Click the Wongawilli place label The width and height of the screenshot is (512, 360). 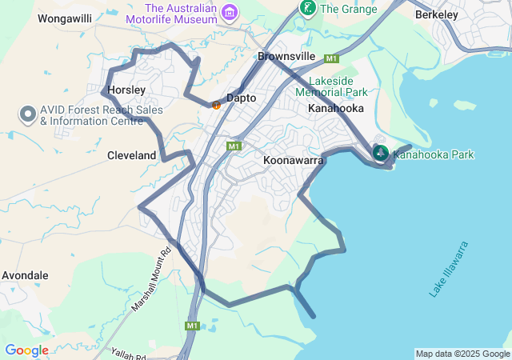point(66,18)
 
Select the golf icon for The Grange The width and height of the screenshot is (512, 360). point(306,8)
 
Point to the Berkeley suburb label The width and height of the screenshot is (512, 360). point(437,14)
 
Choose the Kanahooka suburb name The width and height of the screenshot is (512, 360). point(336,108)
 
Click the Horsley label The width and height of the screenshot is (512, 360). point(126,90)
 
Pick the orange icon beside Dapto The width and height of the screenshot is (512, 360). point(216,105)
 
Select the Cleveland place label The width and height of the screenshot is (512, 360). point(132,156)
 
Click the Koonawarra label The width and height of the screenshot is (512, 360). point(293,161)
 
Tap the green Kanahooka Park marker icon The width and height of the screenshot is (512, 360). point(381,153)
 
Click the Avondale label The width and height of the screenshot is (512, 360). point(25,275)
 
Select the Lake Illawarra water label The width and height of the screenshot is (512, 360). point(449,269)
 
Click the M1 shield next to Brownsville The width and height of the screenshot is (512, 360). point(332,58)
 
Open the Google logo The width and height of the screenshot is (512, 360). point(26,350)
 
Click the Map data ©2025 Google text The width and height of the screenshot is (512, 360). point(462,354)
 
